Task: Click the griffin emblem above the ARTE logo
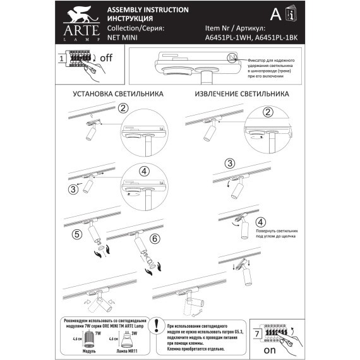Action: click(80, 14)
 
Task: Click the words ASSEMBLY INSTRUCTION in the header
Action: click(148, 11)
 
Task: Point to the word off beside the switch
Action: click(105, 57)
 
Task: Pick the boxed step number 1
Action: click(62, 59)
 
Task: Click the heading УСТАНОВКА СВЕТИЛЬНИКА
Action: click(118, 93)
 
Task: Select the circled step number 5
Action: click(76, 234)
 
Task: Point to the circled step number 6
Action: click(155, 239)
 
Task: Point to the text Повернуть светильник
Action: click(277, 232)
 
